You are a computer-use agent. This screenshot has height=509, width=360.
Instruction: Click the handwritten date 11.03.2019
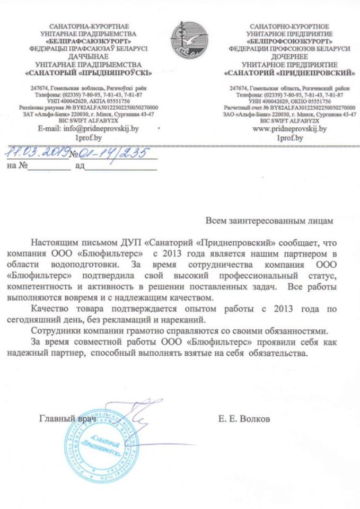click(35, 154)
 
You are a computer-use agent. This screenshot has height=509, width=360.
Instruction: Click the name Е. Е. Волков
click(244, 419)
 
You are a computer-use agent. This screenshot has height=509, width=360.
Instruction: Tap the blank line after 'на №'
click(49, 168)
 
